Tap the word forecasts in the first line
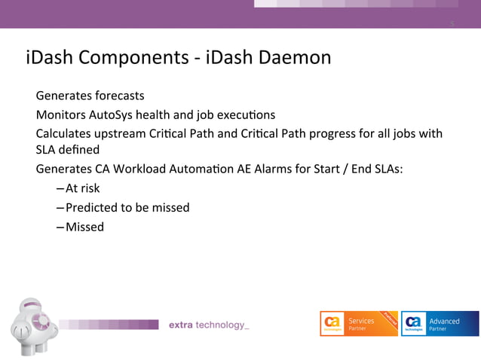pyautogui.click(x=119, y=96)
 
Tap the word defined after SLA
pyautogui.click(x=81, y=150)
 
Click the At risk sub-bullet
pyautogui.click(x=82, y=188)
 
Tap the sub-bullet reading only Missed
pyautogui.click(x=84, y=227)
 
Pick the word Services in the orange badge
pyautogui.click(x=361, y=321)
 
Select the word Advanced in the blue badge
pyautogui.click(x=444, y=321)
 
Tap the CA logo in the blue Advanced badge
pyautogui.click(x=413, y=322)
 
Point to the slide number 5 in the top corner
pyautogui.click(x=452, y=23)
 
